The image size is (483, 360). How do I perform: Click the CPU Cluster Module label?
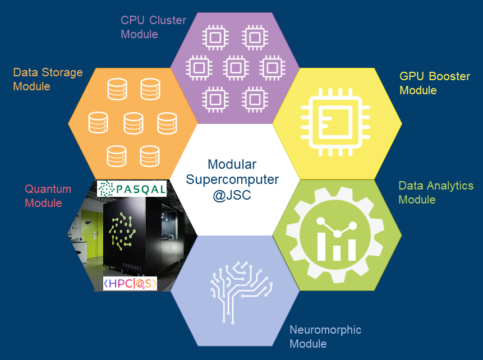point(153,27)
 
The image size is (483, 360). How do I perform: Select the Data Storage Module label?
point(48,79)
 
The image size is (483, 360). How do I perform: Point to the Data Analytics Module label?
point(435,192)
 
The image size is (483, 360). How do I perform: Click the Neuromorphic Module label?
point(325,336)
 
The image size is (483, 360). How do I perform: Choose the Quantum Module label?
point(48,196)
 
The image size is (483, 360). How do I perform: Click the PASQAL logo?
point(132,188)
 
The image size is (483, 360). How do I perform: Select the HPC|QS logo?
point(130,284)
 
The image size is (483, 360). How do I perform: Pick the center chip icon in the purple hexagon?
point(235,68)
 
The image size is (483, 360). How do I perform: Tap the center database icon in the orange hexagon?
point(133,122)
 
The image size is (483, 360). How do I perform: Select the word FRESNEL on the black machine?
point(132,267)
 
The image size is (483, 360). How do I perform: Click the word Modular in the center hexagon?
point(232,164)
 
